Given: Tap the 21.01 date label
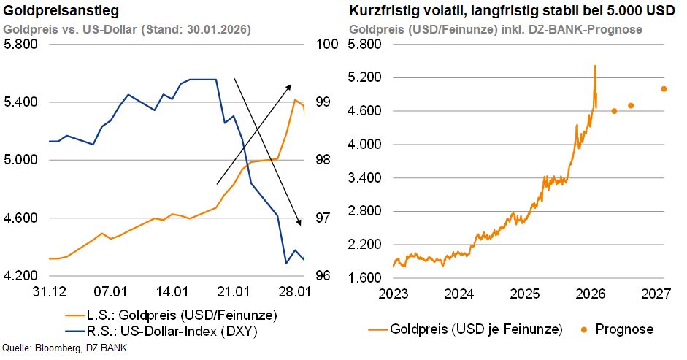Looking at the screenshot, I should pos(234,292).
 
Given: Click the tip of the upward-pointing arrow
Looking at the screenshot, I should pos(291,85).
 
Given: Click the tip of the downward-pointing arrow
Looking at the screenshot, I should pos(300,224).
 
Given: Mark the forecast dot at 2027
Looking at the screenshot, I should pos(664,89).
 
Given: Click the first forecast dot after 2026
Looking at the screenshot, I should pos(614,111).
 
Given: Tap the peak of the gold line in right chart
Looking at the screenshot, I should pos(595,66).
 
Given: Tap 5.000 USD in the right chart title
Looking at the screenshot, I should pos(632,11).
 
